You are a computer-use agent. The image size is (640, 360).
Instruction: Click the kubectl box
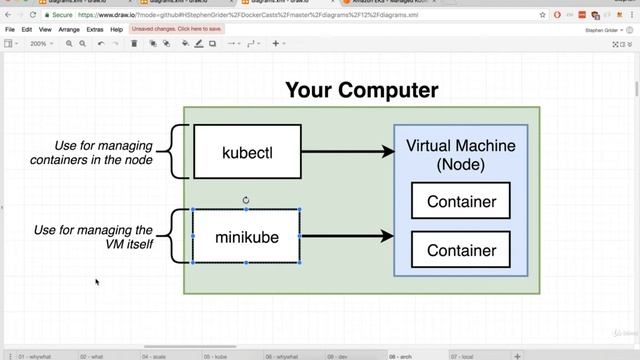[247, 152]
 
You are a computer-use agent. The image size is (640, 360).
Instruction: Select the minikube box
[246, 237]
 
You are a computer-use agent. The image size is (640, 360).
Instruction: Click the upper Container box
[461, 201]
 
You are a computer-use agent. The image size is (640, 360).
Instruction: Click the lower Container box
[461, 250]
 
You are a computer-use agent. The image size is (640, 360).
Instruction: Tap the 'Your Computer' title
[361, 90]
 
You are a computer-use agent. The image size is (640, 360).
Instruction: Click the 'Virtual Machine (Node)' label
[461, 154]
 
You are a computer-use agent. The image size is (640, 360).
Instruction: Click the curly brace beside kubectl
[177, 152]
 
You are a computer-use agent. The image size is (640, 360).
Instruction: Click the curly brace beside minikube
[177, 237]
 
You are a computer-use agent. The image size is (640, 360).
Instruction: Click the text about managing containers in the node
[91, 152]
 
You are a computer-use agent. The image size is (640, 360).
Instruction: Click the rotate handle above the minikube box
[246, 200]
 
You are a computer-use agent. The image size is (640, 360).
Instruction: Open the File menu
[10, 30]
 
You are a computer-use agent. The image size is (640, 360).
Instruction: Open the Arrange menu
[69, 30]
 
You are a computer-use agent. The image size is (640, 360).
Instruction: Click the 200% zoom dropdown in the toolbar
[41, 44]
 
